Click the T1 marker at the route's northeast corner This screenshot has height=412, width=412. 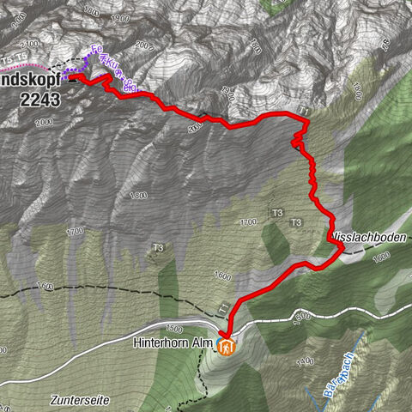click(x=303, y=112)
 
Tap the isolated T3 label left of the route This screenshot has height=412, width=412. click(x=157, y=249)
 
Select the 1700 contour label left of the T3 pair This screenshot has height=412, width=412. click(x=249, y=222)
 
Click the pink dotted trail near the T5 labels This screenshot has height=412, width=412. click(x=26, y=66)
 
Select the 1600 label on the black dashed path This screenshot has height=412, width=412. click(x=45, y=285)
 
